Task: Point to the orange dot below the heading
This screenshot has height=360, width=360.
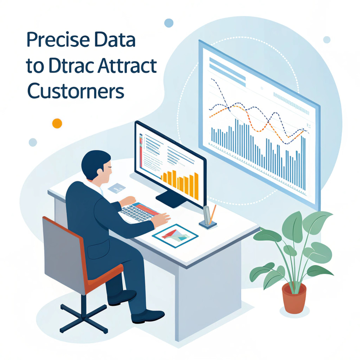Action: click(57, 123)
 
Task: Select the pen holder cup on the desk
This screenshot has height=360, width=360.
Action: click(207, 216)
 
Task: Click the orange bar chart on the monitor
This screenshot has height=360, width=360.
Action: click(180, 180)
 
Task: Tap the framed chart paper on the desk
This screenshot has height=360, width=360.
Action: click(175, 234)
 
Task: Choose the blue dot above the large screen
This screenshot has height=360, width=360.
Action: click(169, 22)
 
